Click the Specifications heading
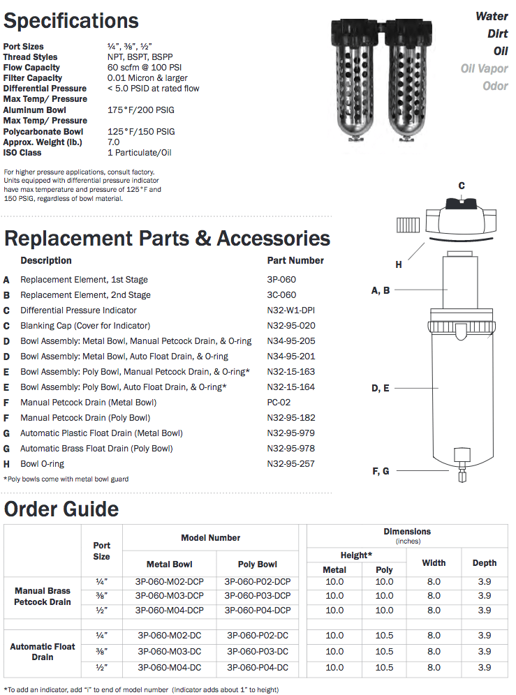[x=71, y=21]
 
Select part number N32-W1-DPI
[x=295, y=311]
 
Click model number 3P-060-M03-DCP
[x=169, y=596]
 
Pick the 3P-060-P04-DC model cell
[x=258, y=666]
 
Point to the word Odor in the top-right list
[x=495, y=86]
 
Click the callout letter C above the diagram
[x=462, y=186]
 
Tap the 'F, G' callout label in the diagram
[x=381, y=472]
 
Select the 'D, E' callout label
[x=381, y=388]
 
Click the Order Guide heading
[x=61, y=509]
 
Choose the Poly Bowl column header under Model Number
[x=258, y=565]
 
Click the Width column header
[x=434, y=562]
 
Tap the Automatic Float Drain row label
[x=43, y=652]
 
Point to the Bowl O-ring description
[x=42, y=464]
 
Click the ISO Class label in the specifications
[x=22, y=153]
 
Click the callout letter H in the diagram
[x=399, y=264]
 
